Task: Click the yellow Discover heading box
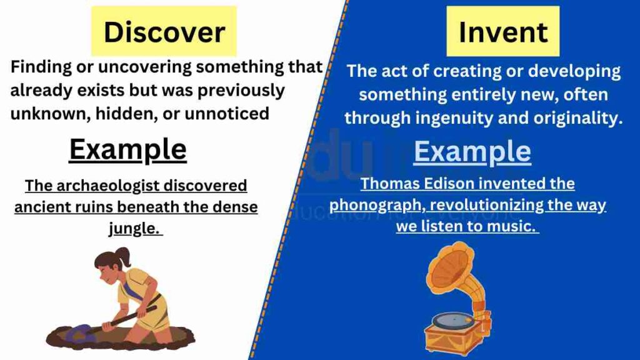(164, 32)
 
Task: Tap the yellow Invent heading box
(502, 32)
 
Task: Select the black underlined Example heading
(127, 150)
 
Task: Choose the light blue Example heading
(472, 151)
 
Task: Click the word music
(517, 226)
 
